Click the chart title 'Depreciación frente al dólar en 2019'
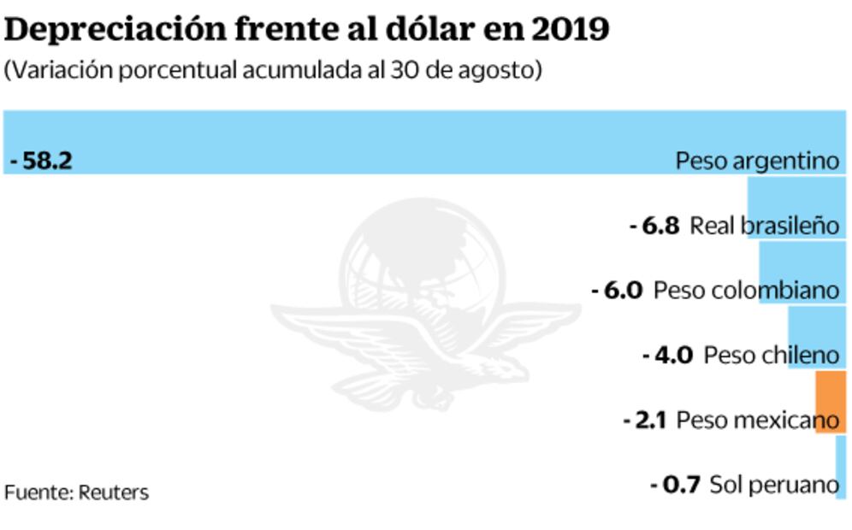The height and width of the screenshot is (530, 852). (307, 30)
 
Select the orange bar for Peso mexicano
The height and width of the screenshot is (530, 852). (831, 401)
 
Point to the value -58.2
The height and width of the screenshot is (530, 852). (41, 161)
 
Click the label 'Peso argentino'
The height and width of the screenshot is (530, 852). (757, 161)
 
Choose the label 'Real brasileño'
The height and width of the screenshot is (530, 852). (765, 226)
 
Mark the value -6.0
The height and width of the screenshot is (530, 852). (617, 291)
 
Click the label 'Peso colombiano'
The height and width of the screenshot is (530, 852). (746, 291)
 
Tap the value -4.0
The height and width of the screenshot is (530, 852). (667, 355)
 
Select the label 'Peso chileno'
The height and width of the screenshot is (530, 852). (772, 355)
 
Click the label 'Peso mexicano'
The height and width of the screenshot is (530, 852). (757, 421)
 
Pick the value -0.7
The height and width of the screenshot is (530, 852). (676, 485)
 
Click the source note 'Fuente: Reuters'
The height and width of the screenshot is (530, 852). (76, 492)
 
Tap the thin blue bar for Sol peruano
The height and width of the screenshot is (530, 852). (842, 466)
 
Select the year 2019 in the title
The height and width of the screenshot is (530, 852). (570, 30)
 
